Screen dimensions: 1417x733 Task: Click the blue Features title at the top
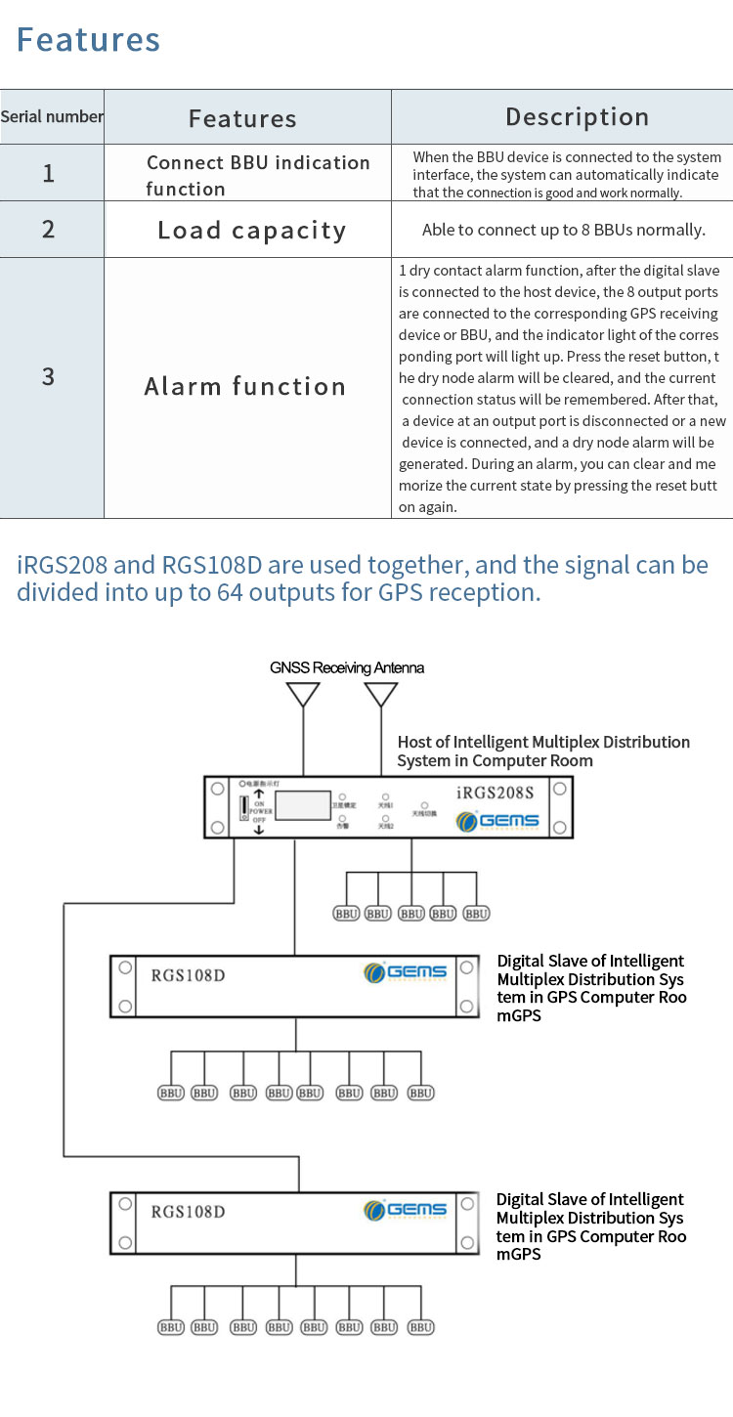[x=88, y=40]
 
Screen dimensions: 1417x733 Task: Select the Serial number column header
[x=52, y=117]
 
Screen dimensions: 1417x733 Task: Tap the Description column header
[x=577, y=117]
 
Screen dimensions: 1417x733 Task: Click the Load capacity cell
[x=251, y=231]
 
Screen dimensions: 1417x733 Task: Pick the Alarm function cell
[x=245, y=387]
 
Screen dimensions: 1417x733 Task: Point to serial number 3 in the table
[x=48, y=377]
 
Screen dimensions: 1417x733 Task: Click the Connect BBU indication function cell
[x=258, y=175]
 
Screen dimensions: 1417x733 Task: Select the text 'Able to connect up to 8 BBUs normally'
[x=563, y=231]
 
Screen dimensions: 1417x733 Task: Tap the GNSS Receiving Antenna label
[x=347, y=668]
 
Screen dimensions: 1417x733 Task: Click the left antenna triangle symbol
[x=303, y=693]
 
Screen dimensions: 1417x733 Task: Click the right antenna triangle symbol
[x=380, y=693]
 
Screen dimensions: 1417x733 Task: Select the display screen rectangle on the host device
[x=303, y=805]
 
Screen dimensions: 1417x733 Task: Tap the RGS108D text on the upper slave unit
[x=188, y=973]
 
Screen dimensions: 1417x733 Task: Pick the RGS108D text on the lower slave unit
[x=188, y=1212]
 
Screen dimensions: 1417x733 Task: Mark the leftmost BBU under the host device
[x=346, y=914]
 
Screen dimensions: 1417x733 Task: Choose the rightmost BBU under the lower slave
[x=421, y=1327]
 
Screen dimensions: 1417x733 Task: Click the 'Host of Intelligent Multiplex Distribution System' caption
[x=543, y=751]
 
